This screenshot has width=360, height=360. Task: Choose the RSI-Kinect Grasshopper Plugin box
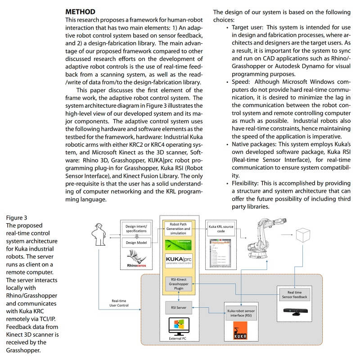180,284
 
